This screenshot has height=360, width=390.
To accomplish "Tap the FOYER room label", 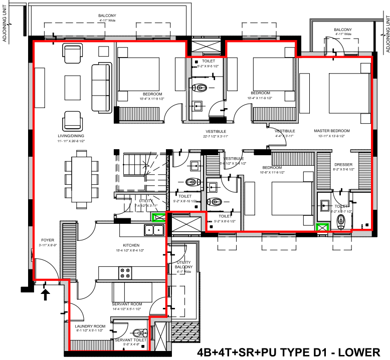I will point(47,240).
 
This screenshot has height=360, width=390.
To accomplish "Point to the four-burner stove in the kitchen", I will point(125,273).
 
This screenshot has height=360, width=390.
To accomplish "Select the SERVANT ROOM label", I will point(127,304).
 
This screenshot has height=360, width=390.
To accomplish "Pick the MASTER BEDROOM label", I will point(331,131).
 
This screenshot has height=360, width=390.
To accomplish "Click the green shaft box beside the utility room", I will point(159,217).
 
